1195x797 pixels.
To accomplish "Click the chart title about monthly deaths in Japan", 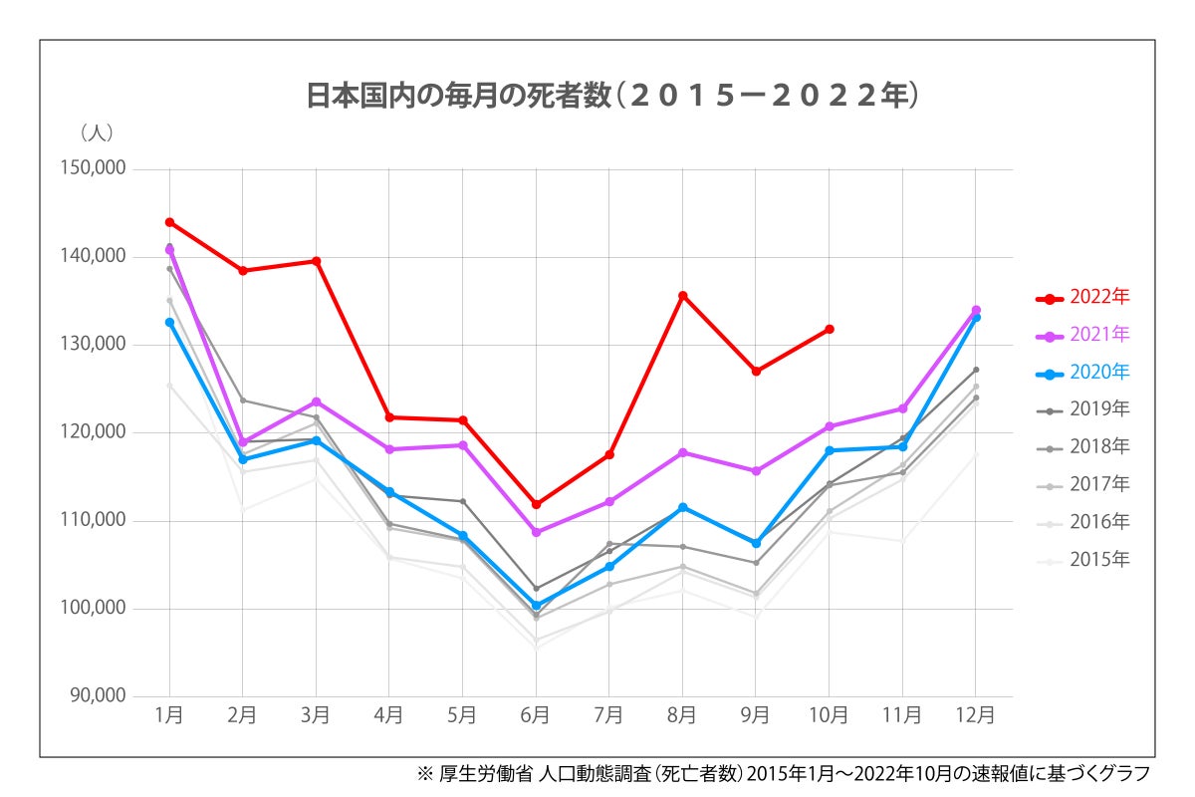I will pyautogui.click(x=610, y=96).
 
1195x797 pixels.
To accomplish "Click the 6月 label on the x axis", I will pyautogui.click(x=535, y=715).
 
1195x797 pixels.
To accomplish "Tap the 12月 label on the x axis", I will pyautogui.click(x=975, y=715).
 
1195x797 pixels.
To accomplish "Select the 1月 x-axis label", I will pyautogui.click(x=169, y=715).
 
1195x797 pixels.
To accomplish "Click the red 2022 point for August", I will pyautogui.click(x=682, y=296).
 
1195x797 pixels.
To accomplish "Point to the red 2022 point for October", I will pyautogui.click(x=829, y=329).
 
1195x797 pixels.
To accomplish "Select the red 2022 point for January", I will pyautogui.click(x=169, y=222).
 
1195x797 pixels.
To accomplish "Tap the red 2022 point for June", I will pyautogui.click(x=536, y=504).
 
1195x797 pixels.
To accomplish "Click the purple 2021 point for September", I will pyautogui.click(x=756, y=471).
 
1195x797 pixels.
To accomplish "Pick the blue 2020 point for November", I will pyautogui.click(x=902, y=446).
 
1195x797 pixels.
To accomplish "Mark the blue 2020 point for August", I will pyautogui.click(x=682, y=507).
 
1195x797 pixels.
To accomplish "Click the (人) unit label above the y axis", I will pyautogui.click(x=97, y=132).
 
